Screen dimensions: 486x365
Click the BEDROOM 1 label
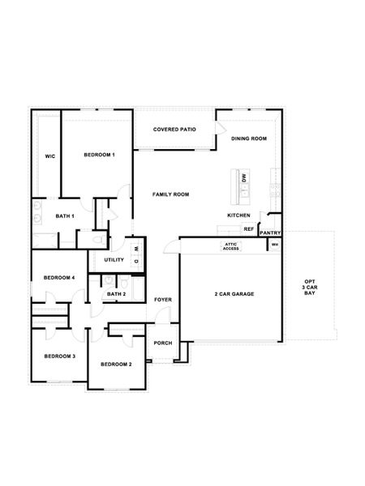tap(100, 155)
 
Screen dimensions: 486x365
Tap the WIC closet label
tap(49, 156)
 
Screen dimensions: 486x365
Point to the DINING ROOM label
tap(249, 139)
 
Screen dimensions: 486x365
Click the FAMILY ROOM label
tap(171, 194)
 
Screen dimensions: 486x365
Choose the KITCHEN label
tap(238, 215)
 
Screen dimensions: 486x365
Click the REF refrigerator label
tap(248, 229)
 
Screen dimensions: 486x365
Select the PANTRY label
tap(270, 232)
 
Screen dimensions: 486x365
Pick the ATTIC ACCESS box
tap(231, 246)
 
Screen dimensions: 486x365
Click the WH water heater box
tap(275, 245)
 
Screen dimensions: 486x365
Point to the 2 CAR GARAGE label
tap(234, 293)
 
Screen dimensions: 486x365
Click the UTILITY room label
tap(114, 260)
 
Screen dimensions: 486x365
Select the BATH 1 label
tap(65, 216)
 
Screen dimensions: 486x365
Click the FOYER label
tap(163, 300)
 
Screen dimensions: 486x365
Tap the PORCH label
tap(162, 343)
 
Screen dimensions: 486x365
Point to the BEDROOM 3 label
tap(59, 356)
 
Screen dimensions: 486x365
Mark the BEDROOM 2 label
tap(116, 364)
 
